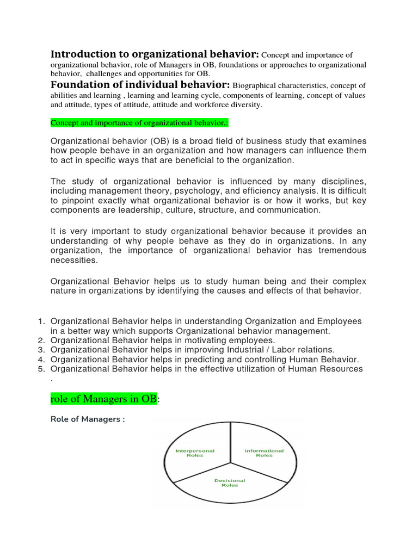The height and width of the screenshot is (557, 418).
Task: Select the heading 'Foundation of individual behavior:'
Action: (x=140, y=84)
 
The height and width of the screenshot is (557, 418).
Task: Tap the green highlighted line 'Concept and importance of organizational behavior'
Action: (x=139, y=123)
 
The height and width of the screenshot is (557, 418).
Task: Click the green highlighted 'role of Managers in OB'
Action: (x=103, y=399)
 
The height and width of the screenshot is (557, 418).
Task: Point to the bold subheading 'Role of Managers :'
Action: (x=88, y=419)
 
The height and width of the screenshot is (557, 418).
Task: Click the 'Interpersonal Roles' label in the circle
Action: (x=194, y=453)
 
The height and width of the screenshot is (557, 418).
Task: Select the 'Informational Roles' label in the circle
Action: (x=264, y=453)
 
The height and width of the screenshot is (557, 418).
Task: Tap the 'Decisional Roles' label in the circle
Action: (x=230, y=482)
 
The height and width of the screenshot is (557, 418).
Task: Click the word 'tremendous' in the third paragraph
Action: (x=339, y=250)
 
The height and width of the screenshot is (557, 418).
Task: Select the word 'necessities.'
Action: (x=75, y=260)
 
